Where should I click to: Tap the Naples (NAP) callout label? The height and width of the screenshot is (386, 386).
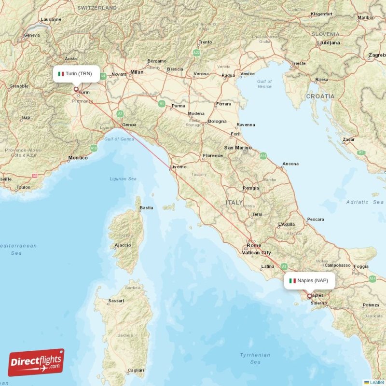[x=309, y=280]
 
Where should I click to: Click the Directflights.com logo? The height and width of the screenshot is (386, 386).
[x=36, y=362]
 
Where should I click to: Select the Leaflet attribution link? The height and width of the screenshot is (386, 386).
[x=377, y=382]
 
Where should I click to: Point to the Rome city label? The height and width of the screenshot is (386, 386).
[x=253, y=246]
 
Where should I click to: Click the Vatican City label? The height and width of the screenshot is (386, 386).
[x=256, y=252]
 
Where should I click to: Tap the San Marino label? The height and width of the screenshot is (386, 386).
[x=235, y=147]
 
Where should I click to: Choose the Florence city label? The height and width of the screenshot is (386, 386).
[x=212, y=155]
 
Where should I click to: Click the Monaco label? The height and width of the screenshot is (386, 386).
[x=78, y=158]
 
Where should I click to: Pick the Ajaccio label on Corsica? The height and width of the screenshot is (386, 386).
[x=123, y=245]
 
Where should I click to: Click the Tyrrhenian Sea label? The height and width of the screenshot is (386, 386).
[x=255, y=358]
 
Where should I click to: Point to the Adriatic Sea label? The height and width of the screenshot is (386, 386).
[x=364, y=202]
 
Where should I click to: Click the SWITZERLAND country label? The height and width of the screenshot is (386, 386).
[x=97, y=8]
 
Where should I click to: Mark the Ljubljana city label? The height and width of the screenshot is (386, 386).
[x=329, y=42]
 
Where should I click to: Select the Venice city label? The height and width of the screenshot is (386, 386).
[x=247, y=74]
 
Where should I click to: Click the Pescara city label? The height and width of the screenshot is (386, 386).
[x=316, y=219]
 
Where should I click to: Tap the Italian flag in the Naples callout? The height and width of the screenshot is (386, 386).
[x=292, y=280]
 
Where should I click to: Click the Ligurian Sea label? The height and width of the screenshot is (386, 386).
[x=123, y=179]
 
